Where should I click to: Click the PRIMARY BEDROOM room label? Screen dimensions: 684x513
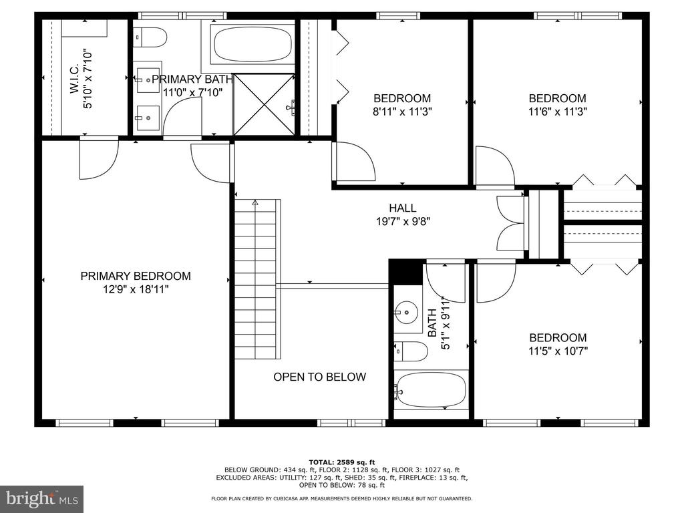pos(136,276)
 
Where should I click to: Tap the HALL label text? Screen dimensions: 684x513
pos(403,208)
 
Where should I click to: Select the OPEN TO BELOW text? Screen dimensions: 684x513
pos(320,377)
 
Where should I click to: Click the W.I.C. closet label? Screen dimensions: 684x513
pos(74,79)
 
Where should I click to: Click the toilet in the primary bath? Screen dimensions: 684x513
pos(150,37)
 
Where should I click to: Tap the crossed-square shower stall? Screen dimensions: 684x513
pos(265,105)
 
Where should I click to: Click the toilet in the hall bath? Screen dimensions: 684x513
pos(411,351)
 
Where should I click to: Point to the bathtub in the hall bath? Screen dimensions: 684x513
pos(431,389)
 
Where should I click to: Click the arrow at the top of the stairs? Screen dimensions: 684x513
pos(255,202)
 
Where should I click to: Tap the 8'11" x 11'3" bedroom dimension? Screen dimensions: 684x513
pos(402,112)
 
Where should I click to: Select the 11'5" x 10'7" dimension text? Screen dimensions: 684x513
pos(558,351)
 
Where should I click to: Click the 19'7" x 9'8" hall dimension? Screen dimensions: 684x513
pos(403,222)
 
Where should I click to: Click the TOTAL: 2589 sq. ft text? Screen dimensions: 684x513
pos(342,462)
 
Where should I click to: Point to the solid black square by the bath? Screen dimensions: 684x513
pos(405,273)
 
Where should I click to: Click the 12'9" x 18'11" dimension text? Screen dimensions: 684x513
pos(136,289)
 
